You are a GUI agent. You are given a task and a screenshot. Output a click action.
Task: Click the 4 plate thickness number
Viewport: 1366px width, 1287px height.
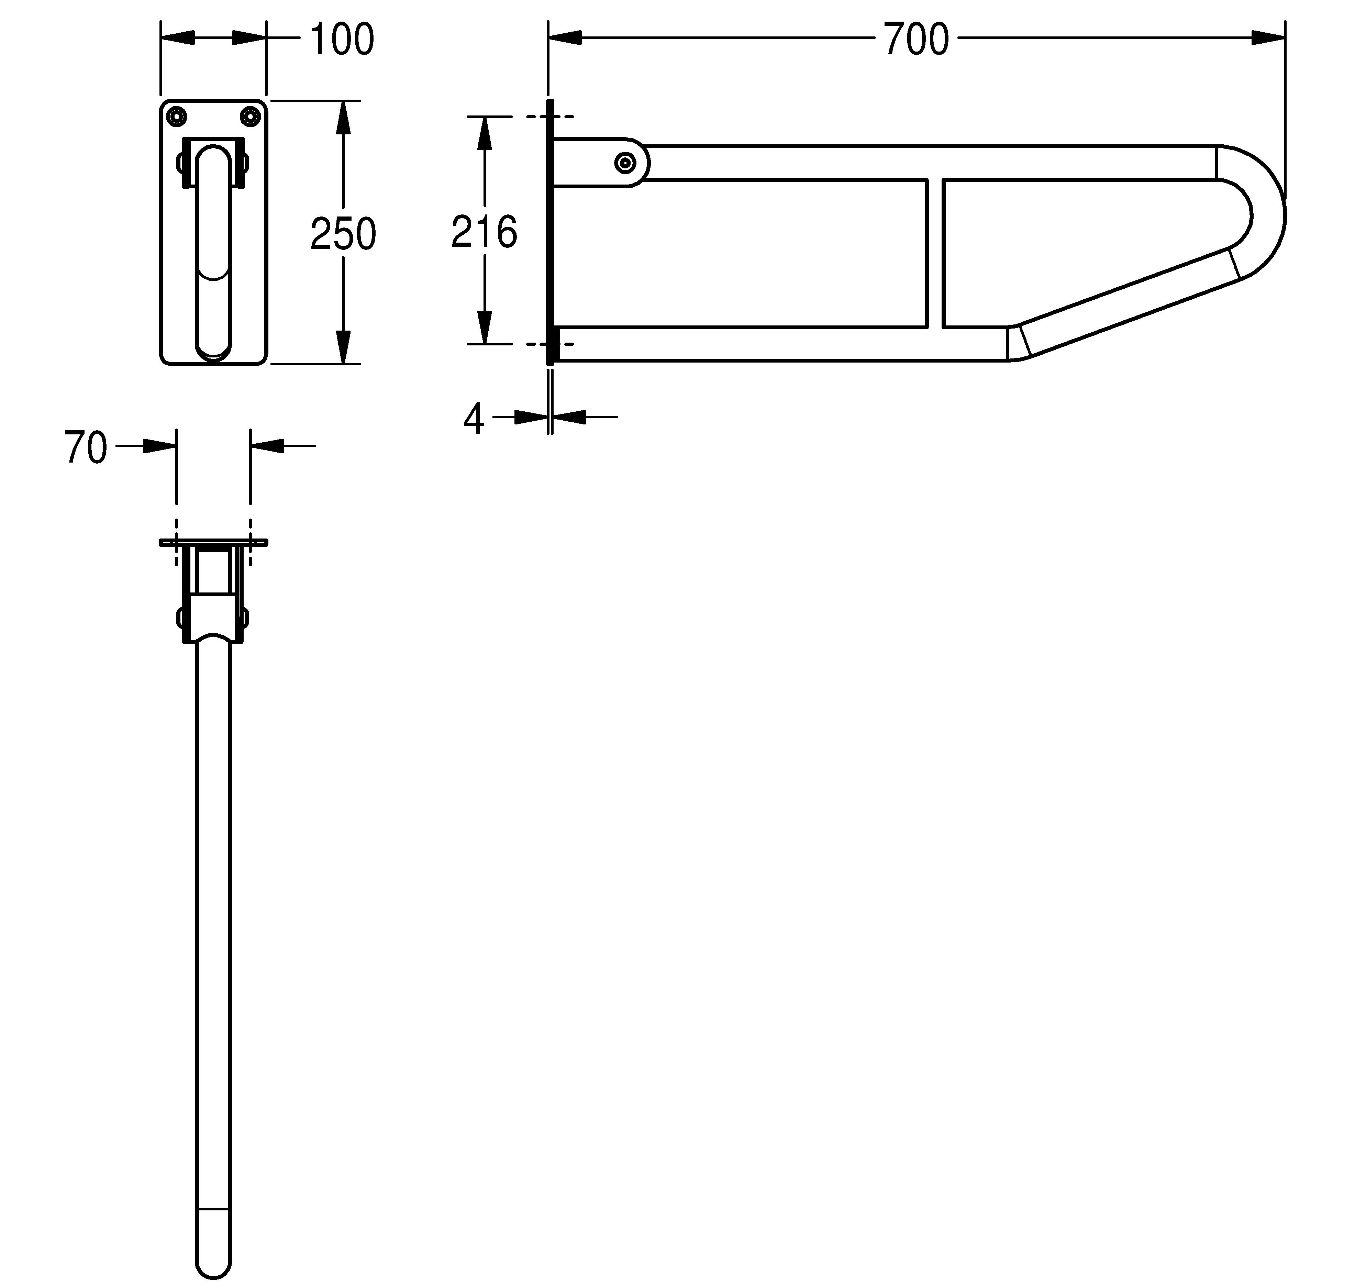[x=474, y=419]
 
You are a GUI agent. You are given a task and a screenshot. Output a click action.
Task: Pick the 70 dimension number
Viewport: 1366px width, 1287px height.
[x=86, y=448]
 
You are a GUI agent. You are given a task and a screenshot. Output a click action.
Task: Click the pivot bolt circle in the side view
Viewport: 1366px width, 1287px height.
[x=625, y=163]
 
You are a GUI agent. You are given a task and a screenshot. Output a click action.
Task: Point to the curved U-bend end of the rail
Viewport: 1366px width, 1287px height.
[x=1264, y=213]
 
